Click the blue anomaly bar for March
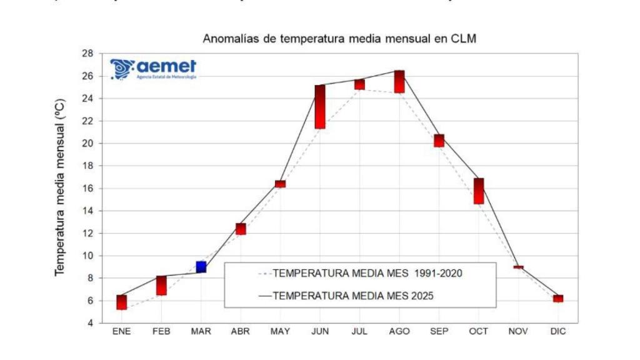(x=201, y=267)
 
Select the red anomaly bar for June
(x=319, y=107)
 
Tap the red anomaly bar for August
(x=399, y=82)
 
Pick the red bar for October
(x=479, y=191)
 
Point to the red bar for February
(x=161, y=285)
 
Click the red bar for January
(x=121, y=302)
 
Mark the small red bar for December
(x=558, y=299)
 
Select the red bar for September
(x=439, y=141)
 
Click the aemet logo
(x=153, y=69)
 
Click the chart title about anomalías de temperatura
(x=339, y=39)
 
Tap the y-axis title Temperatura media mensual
(x=59, y=187)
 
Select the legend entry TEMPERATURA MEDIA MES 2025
(x=353, y=296)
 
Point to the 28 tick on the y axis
(x=88, y=54)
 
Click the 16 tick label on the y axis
(x=88, y=189)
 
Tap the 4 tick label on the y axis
(x=91, y=323)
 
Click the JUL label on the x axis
(x=359, y=332)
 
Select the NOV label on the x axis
(x=518, y=332)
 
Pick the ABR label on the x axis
(x=241, y=332)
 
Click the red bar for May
(x=280, y=184)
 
